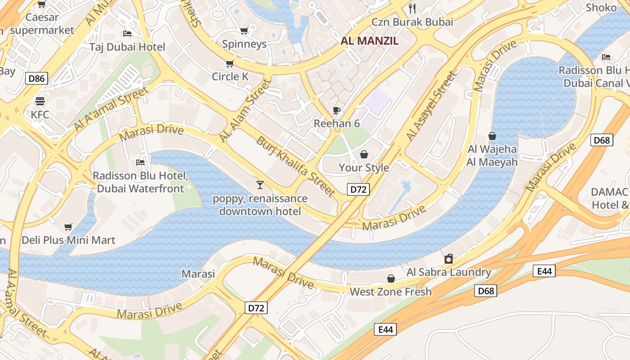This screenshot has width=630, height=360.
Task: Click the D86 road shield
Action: click(36, 79)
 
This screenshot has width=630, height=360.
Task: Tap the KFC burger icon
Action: click(40, 101)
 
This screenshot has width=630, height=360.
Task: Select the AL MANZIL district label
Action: click(369, 41)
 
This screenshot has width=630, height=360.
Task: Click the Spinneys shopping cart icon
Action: click(244, 31)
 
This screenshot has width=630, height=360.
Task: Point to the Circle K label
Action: click(230, 76)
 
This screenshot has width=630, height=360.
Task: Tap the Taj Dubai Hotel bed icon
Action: click(127, 34)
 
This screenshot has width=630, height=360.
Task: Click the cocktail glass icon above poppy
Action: click(260, 184)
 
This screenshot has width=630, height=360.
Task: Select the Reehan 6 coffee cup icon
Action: click(337, 110)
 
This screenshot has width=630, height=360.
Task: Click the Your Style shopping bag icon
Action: click(364, 154)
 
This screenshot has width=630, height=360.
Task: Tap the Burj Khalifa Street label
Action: click(296, 167)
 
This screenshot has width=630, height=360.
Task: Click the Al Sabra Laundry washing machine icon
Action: click(448, 259)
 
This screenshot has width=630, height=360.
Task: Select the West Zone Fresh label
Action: click(391, 292)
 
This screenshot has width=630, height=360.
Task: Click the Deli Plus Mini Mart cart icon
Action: click(68, 227)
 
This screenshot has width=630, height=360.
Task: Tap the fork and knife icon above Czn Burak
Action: click(412, 8)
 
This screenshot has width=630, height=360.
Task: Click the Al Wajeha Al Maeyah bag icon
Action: click(492, 136)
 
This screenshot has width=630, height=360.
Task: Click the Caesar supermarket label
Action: click(42, 24)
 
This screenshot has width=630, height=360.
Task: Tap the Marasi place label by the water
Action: click(198, 274)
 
